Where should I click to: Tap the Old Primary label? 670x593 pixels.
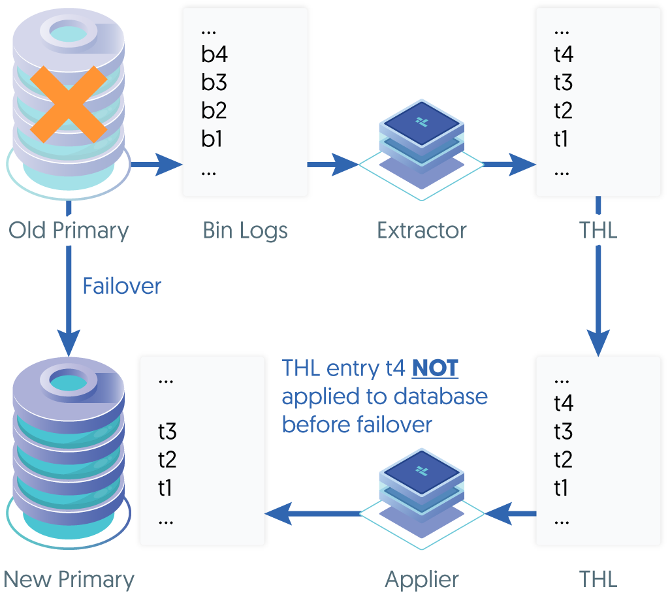(x=69, y=230)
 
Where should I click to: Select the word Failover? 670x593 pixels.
(x=121, y=286)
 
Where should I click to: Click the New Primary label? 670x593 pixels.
(x=69, y=579)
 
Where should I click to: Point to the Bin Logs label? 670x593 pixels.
(x=245, y=230)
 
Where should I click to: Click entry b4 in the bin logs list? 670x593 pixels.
(x=214, y=54)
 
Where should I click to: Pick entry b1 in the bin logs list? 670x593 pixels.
(x=212, y=139)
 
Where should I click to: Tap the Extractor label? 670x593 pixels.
(x=422, y=230)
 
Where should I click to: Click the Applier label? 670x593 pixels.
(x=422, y=579)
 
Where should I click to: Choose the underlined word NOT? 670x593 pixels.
(x=435, y=368)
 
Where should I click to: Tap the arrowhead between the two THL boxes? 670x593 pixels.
(x=598, y=343)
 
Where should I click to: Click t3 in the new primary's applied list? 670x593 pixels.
(x=167, y=432)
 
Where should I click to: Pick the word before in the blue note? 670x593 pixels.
(x=317, y=425)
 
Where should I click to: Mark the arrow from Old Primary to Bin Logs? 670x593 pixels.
(x=157, y=165)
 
